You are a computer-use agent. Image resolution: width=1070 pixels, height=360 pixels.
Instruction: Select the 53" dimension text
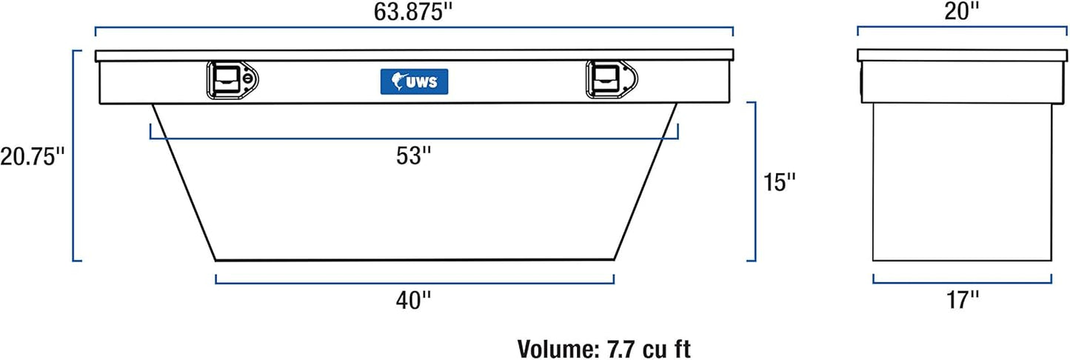coord(413,156)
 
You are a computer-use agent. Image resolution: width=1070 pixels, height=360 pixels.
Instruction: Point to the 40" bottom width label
coord(413,300)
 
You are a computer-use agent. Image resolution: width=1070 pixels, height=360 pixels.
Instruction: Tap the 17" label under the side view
coord(962,300)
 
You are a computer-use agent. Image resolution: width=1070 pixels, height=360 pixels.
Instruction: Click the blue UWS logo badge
coord(414,81)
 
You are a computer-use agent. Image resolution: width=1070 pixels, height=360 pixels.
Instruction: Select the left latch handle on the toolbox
coord(224,78)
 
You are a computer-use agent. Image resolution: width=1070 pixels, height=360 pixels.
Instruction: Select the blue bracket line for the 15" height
coord(755,181)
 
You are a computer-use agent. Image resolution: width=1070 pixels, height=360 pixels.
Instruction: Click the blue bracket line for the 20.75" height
coord(73,156)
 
